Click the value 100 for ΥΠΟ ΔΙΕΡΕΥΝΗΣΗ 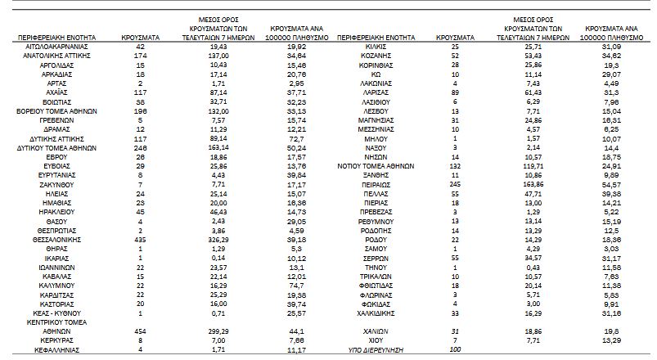coord(456,350)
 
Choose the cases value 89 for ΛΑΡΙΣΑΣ coord(456,95)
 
